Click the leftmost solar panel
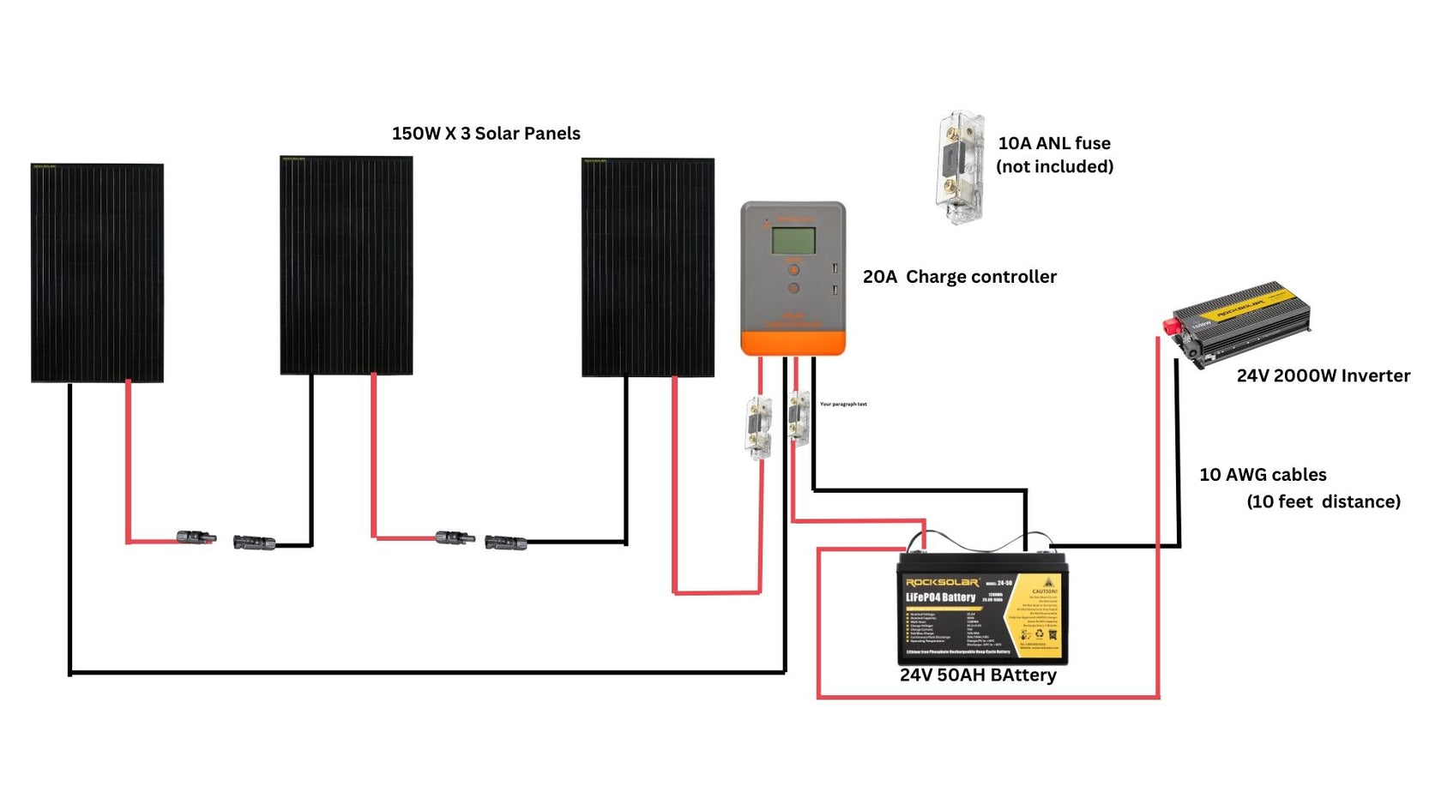(97, 273)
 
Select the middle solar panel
(346, 265)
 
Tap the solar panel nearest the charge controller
(648, 267)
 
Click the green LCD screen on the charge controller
(793, 241)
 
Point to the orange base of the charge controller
(793, 343)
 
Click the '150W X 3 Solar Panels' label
(485, 134)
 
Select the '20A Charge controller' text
(959, 277)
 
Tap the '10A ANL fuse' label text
(1053, 143)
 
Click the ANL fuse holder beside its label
(959, 167)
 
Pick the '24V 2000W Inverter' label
(1323, 375)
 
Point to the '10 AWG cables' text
(1262, 475)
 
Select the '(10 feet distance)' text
(1323, 501)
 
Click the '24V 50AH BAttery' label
(978, 675)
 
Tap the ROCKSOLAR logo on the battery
(941, 583)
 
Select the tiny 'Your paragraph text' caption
(843, 404)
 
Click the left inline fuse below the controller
(757, 427)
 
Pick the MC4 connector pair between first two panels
(226, 540)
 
